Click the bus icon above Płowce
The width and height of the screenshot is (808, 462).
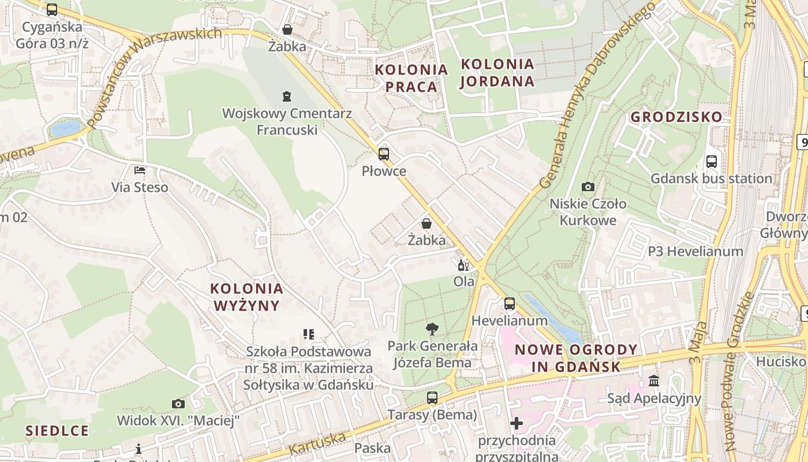tap(384, 154)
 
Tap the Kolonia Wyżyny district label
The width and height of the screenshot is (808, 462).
tap(246, 297)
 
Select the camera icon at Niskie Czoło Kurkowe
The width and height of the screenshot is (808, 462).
tap(588, 187)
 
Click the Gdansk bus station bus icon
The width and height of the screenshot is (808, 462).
tap(712, 162)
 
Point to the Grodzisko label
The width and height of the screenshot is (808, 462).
tap(676, 117)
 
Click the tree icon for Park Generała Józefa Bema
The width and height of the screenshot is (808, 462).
tap(432, 329)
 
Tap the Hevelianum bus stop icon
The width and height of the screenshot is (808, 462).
tap(509, 303)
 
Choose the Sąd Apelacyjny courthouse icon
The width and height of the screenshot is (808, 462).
tap(654, 381)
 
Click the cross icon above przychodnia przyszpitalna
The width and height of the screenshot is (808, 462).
tap(517, 424)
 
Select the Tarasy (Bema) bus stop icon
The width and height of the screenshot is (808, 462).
tap(432, 397)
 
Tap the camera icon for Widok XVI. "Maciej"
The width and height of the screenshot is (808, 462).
tap(178, 404)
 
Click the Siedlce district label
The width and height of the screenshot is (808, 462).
tap(57, 431)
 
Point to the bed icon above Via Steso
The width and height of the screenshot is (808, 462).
tap(140, 170)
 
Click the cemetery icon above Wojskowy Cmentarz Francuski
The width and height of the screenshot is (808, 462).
tap(287, 96)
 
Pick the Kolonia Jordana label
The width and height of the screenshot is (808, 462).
tap(497, 72)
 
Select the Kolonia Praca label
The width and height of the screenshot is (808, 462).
tap(412, 78)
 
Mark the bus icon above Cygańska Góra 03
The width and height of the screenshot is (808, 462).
tap(52, 9)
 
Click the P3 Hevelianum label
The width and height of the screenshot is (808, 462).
tap(695, 251)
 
